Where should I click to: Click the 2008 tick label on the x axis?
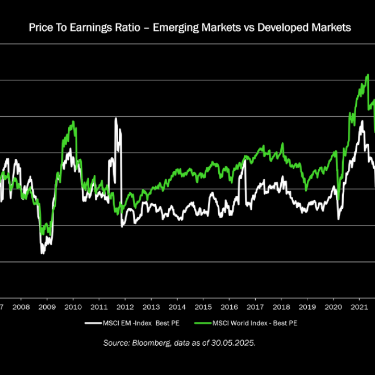(x=20, y=307)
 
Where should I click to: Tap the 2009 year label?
(x=46, y=307)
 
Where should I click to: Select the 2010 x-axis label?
(x=72, y=307)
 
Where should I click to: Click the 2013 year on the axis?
(x=151, y=307)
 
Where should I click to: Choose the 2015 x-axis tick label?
(x=203, y=307)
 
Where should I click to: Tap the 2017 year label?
(x=255, y=307)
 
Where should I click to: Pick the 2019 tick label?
(x=307, y=307)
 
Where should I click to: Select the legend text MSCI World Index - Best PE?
(x=255, y=323)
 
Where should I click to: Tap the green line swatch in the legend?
(x=202, y=323)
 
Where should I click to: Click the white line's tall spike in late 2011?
(x=116, y=119)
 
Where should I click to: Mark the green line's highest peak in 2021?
(x=368, y=75)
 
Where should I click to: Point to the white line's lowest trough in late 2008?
(x=42, y=253)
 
